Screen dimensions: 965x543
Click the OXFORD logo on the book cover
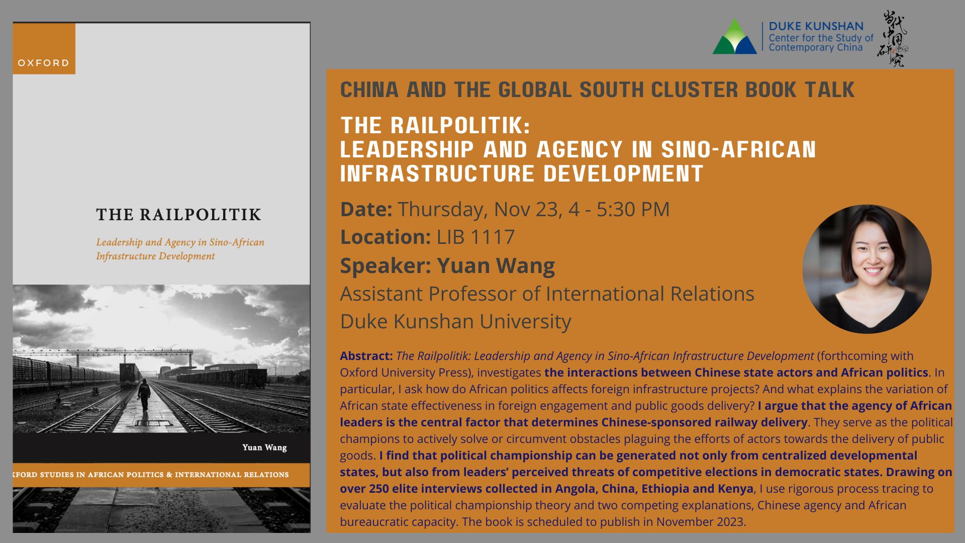[x=44, y=49]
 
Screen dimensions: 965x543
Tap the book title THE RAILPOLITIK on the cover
[x=179, y=215]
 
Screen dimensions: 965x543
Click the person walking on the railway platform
[x=144, y=395]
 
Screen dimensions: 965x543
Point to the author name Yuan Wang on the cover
[x=264, y=447]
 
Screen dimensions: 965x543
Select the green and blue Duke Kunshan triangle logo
[x=734, y=36]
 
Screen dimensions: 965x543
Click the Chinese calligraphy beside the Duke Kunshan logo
[x=893, y=39]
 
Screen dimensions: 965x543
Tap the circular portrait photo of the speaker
[x=867, y=269]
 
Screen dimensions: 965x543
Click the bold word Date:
[x=366, y=209]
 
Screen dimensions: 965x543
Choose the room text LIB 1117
[x=475, y=237]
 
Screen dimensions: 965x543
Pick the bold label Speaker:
[x=385, y=266]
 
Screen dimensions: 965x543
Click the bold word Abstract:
[x=366, y=356]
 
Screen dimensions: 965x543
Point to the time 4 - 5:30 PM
[x=619, y=209]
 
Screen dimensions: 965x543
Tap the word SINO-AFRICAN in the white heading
[x=739, y=149]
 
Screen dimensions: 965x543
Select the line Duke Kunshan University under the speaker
[x=456, y=321]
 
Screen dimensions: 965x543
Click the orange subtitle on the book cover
[x=180, y=249]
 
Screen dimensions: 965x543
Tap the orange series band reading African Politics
[x=161, y=475]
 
